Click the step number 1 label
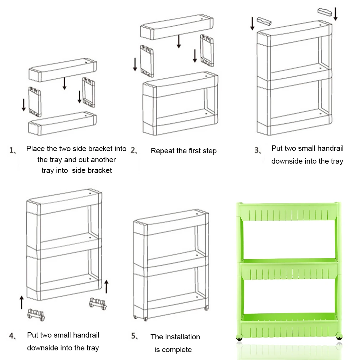13,150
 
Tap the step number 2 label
134,150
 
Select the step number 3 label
258,150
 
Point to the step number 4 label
12,336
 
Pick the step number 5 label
134,336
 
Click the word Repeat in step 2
162,151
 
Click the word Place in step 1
35,149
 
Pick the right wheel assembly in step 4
98,303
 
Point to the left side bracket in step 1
35,102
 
